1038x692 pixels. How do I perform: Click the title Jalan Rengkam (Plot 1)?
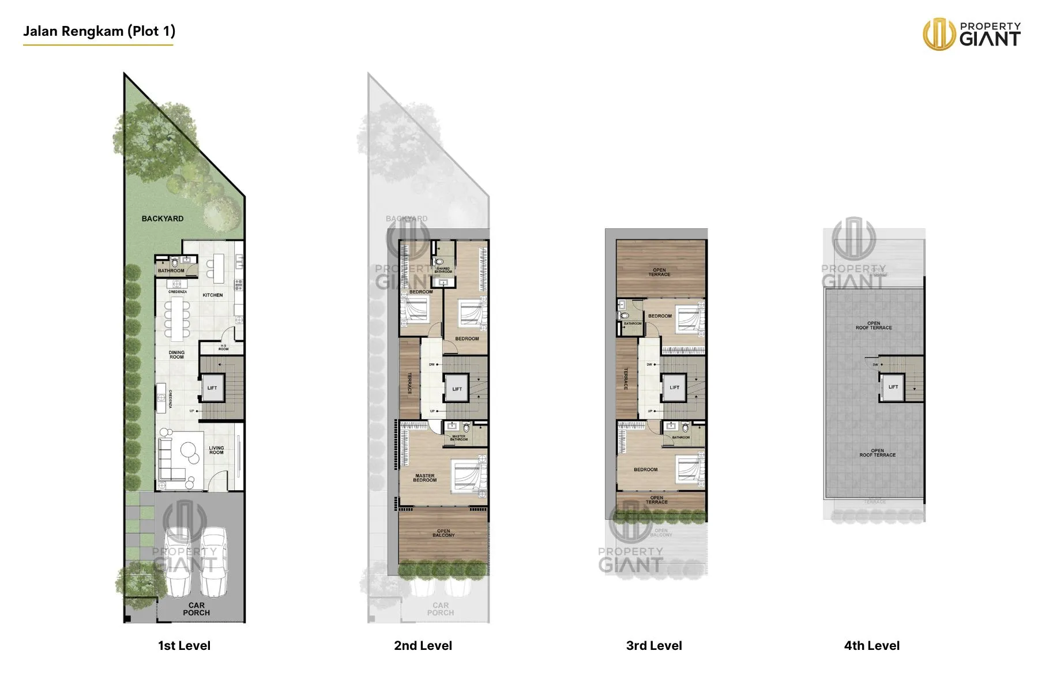[99, 31]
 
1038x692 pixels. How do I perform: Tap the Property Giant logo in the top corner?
[972, 34]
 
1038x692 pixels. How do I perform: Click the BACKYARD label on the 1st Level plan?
[163, 219]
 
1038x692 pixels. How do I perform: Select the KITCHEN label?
[213, 295]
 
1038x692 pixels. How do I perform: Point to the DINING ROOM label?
[176, 355]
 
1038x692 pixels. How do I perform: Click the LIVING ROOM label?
[216, 450]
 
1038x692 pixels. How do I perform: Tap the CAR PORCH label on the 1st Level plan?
[196, 609]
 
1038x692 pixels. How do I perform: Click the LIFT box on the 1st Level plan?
[212, 388]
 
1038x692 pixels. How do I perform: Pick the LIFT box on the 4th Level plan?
[893, 387]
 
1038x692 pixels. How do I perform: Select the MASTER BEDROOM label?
[425, 478]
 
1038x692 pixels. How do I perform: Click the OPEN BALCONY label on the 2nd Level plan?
[443, 533]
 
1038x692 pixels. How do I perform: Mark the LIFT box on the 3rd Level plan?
[674, 388]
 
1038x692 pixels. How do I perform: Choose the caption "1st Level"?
[184, 646]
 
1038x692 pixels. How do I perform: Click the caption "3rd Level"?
[654, 646]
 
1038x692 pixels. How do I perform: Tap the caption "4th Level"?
[871, 646]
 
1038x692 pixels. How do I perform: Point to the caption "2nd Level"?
[423, 646]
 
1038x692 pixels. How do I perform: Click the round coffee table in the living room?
[189, 450]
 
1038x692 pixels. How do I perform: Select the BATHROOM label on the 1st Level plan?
[171, 270]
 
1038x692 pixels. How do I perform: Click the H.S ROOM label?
[223, 347]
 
